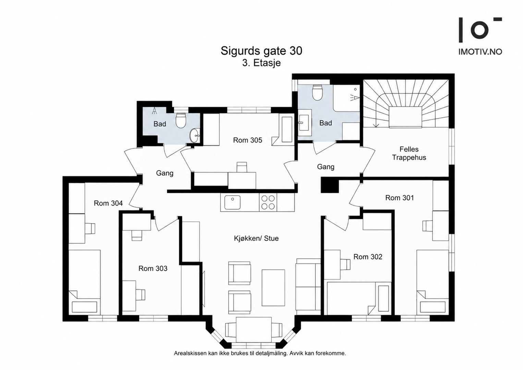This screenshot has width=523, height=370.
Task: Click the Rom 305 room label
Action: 247,140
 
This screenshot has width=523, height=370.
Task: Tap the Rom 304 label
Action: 108,203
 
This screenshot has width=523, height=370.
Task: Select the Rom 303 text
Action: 153,269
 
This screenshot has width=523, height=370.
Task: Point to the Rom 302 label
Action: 368,257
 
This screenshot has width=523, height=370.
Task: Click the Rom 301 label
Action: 400,198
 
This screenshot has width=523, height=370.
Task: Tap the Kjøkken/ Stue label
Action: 256,238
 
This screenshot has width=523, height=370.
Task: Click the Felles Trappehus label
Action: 409,153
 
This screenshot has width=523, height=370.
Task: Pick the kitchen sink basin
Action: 233,202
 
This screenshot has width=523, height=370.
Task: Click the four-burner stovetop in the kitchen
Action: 268,202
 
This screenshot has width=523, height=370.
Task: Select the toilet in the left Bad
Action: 181,120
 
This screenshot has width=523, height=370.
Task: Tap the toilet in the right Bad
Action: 317,92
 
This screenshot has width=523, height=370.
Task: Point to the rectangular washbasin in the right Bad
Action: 305,123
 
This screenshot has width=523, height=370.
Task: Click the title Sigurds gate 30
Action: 261,51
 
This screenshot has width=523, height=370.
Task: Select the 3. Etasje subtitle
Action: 261,63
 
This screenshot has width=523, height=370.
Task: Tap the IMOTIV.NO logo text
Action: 480,52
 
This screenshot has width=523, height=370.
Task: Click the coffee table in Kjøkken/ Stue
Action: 273,287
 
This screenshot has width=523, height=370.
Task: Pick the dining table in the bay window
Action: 254,329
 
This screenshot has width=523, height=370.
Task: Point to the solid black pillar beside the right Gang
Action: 330,185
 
